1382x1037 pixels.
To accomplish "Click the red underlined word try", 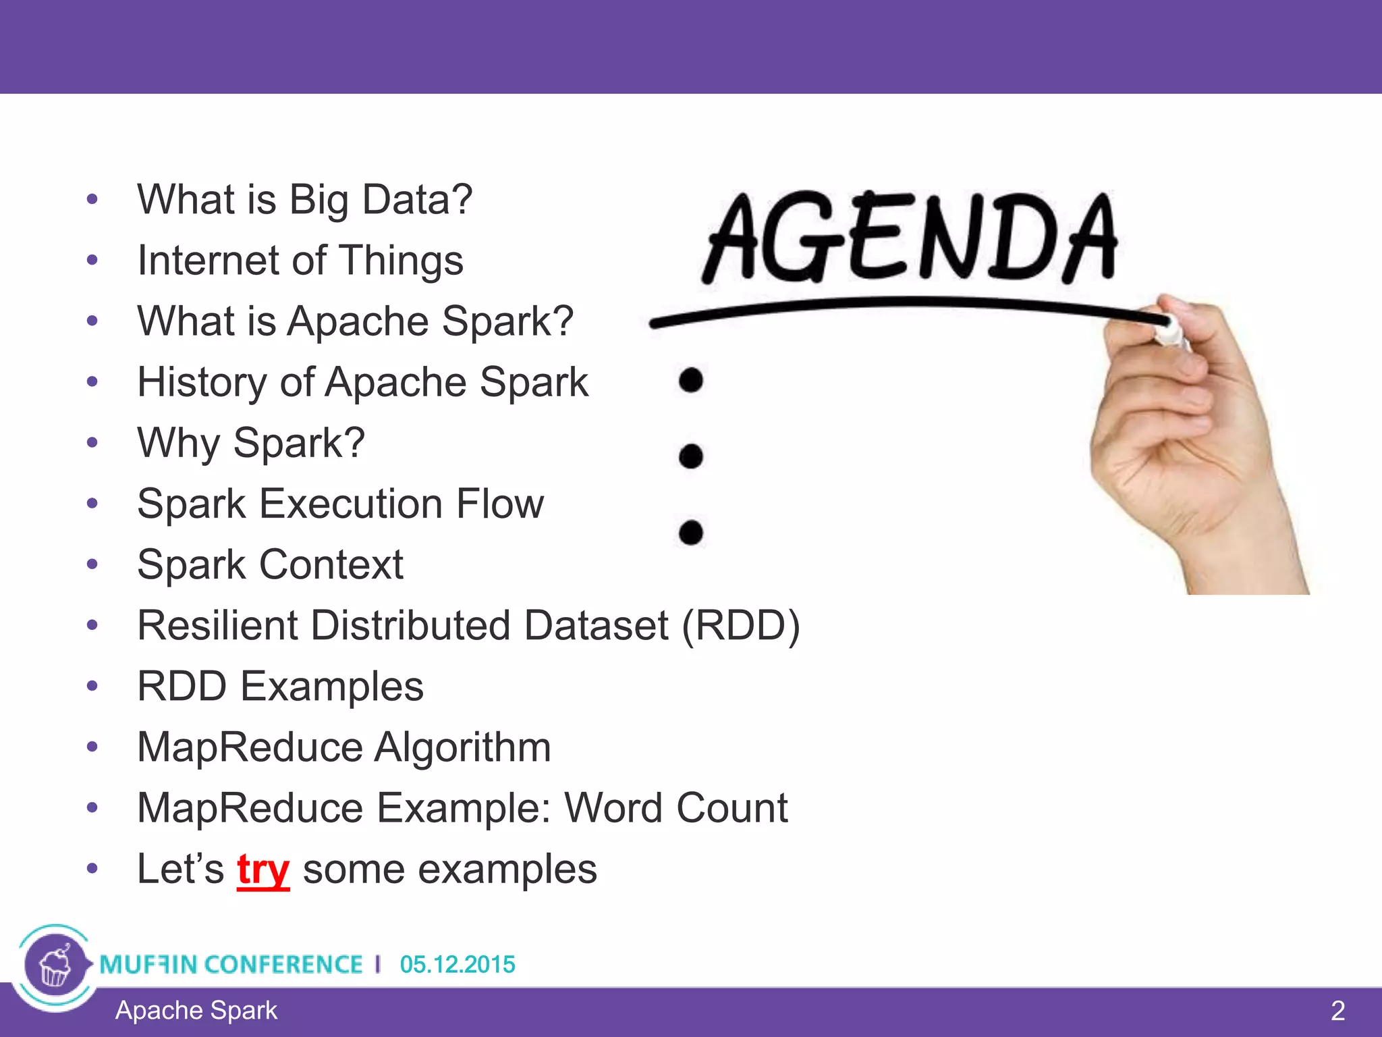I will coord(263,870).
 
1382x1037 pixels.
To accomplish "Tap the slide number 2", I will coord(1337,1011).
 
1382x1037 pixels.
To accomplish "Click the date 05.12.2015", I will coord(457,964).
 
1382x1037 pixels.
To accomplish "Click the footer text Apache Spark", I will coord(196,1010).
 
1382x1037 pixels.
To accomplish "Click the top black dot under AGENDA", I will coord(691,380).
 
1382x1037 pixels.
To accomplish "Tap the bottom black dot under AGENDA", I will coord(691,533).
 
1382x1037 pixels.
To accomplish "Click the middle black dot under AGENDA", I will coord(691,456).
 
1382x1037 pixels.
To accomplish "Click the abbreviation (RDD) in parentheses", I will coord(741,625).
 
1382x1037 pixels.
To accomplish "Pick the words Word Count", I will coord(675,807).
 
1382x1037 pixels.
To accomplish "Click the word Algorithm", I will coord(462,747).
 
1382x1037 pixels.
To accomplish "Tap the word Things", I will coord(401,261).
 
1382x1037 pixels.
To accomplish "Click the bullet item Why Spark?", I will coord(251,443).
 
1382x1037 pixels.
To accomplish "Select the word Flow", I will coord(499,504).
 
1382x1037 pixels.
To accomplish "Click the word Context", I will coord(331,564).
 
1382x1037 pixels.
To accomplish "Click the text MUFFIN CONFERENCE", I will coord(231,964).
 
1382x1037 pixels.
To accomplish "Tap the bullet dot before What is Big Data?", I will coord(92,200).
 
